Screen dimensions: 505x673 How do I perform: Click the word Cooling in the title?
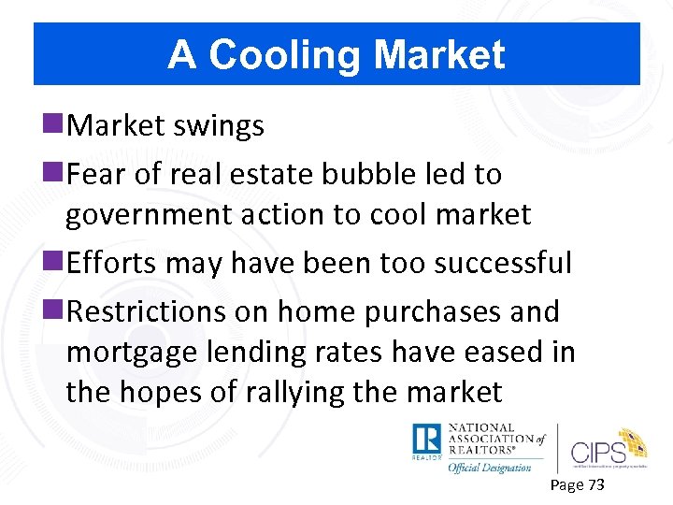[288, 56]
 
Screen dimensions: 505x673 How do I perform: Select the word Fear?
[99, 173]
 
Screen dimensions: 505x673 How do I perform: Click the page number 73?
[594, 484]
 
